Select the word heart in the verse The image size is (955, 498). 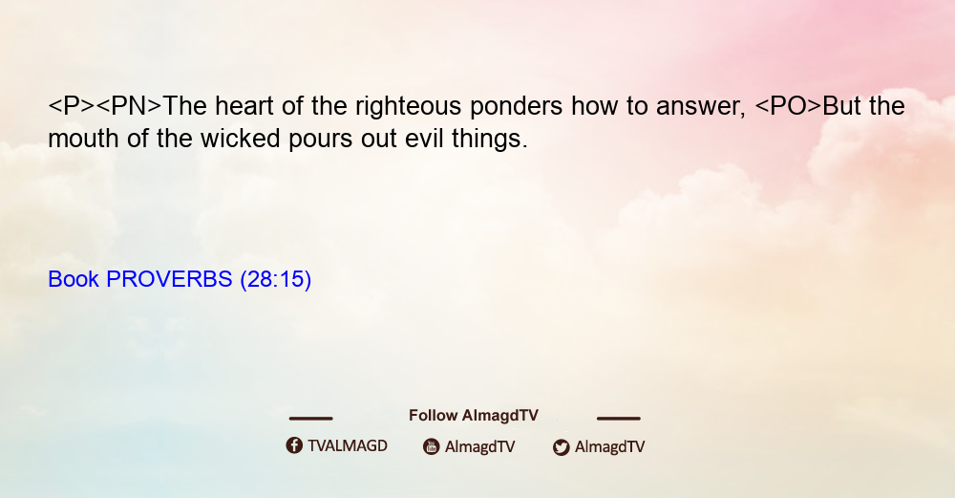pyautogui.click(x=244, y=106)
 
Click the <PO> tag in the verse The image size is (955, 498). pyautogui.click(x=788, y=106)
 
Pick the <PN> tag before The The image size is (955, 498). pyautogui.click(x=129, y=106)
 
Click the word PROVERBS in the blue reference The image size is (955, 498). pyautogui.click(x=169, y=279)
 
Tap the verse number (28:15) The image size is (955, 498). pyautogui.click(x=276, y=280)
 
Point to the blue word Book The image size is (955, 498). pyautogui.click(x=74, y=279)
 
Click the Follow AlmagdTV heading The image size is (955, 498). pyautogui.click(x=474, y=416)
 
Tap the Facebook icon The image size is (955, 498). pyautogui.click(x=294, y=445)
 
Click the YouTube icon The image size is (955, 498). pyautogui.click(x=432, y=446)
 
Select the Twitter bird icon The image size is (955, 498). pyautogui.click(x=562, y=447)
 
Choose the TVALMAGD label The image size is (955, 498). pyautogui.click(x=348, y=446)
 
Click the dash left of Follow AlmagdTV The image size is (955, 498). pyautogui.click(x=310, y=418)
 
